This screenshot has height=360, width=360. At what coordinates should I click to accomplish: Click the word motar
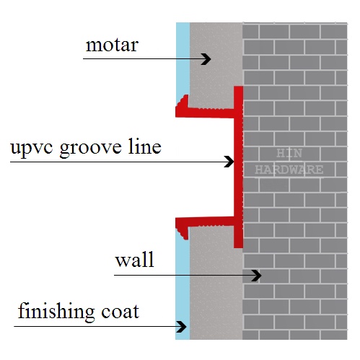point(112,45)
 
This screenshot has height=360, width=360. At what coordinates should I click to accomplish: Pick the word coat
point(120,312)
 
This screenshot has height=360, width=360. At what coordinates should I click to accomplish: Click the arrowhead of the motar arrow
point(206,59)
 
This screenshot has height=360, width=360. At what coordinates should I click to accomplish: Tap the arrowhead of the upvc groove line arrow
point(229,162)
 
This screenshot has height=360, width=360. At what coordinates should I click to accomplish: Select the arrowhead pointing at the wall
point(256,275)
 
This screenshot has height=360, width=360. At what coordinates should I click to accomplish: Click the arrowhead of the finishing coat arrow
point(181,327)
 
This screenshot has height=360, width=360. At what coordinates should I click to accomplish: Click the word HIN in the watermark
point(289,154)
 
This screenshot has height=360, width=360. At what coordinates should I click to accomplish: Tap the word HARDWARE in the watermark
point(289,170)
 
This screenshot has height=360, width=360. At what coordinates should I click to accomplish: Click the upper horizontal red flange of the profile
point(205,113)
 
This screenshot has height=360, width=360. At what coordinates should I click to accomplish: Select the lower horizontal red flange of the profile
point(205,221)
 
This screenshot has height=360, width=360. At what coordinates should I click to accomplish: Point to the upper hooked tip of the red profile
point(185,99)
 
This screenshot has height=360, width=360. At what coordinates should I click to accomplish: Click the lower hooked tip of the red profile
point(185,234)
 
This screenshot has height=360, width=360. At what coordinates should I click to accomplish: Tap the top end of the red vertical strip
point(238,87)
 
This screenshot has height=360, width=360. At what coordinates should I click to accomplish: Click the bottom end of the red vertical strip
point(238,247)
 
